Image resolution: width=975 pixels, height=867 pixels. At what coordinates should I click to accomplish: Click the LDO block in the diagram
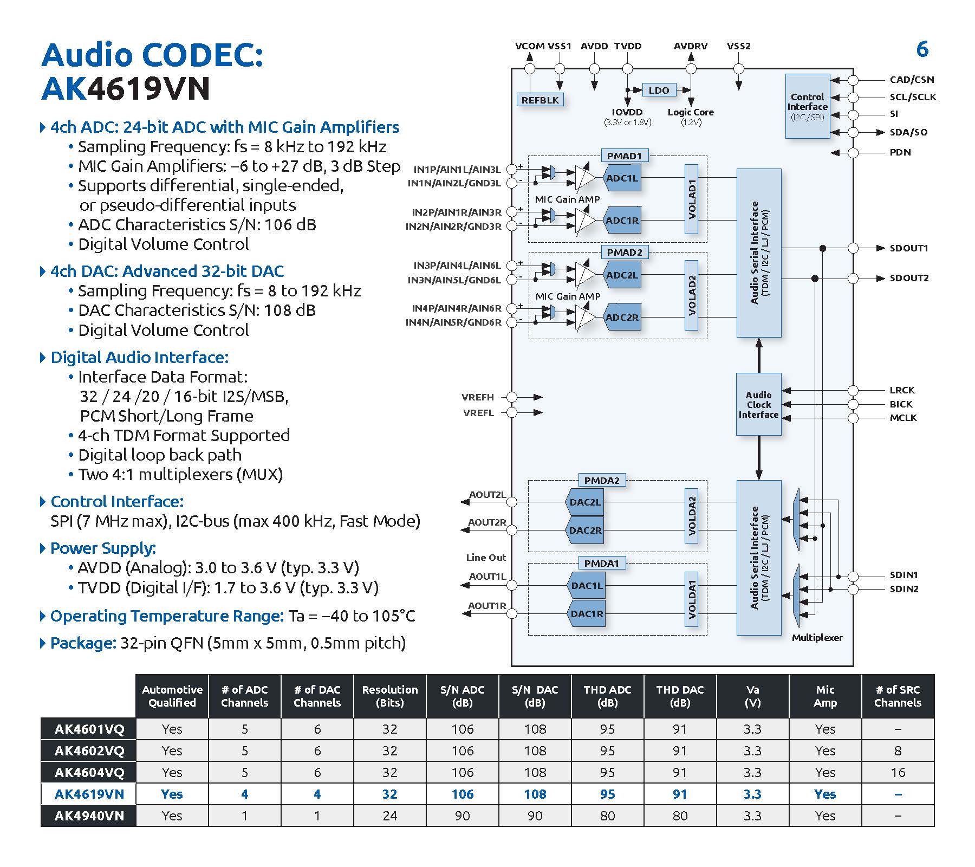[659, 90]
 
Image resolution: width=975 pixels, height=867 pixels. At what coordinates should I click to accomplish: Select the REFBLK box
[540, 100]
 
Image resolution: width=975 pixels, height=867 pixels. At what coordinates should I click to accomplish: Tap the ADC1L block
[622, 178]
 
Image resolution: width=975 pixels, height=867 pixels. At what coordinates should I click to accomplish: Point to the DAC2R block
[585, 530]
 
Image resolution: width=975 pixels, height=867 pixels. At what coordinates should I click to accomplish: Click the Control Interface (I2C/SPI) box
[807, 106]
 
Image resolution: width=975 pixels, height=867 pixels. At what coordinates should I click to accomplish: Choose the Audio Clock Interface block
[758, 404]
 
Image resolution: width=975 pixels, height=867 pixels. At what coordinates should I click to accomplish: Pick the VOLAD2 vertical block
[692, 295]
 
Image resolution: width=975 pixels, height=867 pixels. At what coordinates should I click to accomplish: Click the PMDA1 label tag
[601, 563]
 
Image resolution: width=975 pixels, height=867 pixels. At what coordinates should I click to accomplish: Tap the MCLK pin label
[903, 418]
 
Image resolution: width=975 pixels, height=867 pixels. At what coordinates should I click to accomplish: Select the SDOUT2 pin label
[909, 278]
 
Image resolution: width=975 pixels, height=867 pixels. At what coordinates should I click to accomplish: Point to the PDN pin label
[900, 152]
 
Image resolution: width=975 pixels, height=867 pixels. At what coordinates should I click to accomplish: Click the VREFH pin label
[478, 397]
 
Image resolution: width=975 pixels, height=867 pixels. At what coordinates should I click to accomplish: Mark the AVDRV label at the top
[691, 46]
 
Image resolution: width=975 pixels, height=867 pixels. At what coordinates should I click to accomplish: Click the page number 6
[922, 49]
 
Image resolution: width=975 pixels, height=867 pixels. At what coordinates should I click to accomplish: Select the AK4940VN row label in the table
[89, 816]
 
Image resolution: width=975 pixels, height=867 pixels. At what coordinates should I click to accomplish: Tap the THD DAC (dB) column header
[680, 696]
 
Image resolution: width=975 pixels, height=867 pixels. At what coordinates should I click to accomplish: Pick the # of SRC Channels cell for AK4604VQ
[898, 772]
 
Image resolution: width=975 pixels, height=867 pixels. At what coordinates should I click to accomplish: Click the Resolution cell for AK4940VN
[389, 816]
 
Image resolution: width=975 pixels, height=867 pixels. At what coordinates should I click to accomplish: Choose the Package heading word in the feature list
[83, 643]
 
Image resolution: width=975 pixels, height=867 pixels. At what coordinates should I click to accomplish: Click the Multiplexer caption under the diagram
[817, 638]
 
